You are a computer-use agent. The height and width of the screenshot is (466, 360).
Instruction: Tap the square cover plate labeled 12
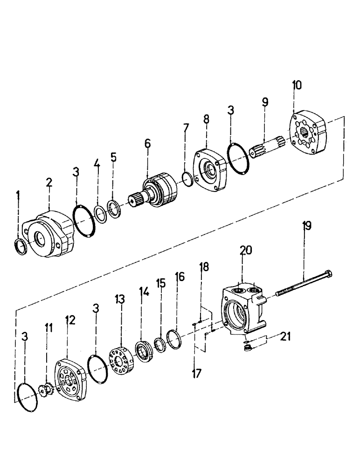71,380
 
